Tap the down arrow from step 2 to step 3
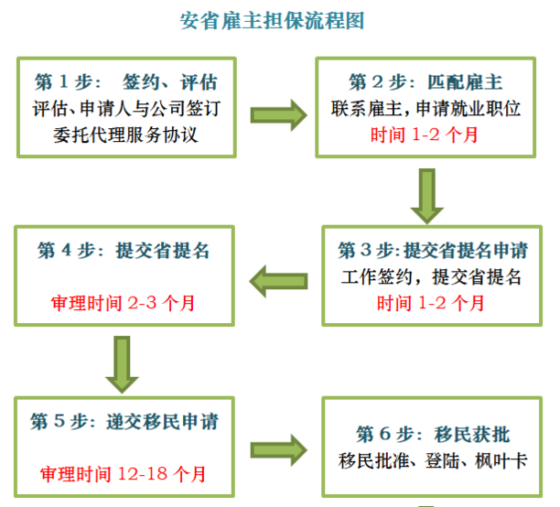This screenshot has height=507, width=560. tap(426, 195)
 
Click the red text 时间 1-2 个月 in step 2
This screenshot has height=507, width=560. tap(425, 135)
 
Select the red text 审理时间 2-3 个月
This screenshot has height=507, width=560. tap(123, 301)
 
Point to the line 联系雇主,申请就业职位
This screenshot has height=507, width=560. tap(426, 109)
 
